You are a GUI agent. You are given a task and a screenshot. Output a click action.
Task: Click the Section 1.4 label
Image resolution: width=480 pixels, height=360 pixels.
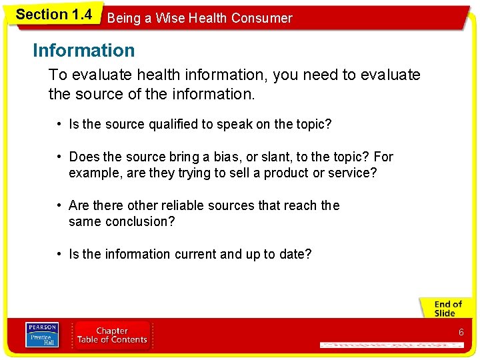(x=53, y=14)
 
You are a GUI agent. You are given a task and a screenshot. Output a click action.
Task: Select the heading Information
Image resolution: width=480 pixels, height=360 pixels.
(x=83, y=50)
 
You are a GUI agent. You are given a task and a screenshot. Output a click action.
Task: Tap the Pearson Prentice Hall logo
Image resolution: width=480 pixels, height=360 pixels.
(x=41, y=335)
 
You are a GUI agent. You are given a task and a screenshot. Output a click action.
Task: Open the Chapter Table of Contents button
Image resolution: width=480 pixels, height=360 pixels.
(x=112, y=335)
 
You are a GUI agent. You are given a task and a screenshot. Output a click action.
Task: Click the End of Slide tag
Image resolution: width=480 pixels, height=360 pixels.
(x=447, y=309)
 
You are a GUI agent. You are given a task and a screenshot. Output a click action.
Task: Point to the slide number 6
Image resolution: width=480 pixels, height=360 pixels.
(x=461, y=332)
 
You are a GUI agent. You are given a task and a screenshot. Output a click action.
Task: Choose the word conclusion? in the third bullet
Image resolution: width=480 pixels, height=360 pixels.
(x=140, y=221)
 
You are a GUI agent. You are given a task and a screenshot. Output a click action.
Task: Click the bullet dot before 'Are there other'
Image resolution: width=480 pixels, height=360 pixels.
(x=60, y=205)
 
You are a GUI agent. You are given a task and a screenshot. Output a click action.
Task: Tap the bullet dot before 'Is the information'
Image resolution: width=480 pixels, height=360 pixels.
(x=60, y=254)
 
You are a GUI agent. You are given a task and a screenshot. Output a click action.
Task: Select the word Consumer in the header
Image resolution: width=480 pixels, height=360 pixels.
(x=261, y=19)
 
